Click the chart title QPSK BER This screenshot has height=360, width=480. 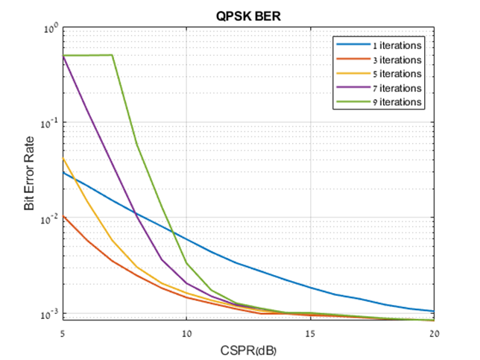249,13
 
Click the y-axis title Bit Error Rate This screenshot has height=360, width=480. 30,174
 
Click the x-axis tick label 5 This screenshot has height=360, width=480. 63,330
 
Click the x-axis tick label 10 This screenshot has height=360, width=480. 187,330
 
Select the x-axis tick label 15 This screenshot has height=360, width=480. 311,330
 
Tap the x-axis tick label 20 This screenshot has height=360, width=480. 435,330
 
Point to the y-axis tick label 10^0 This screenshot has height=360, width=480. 50,29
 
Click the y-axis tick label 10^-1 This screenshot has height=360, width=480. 48,123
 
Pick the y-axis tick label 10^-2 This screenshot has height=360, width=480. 48,218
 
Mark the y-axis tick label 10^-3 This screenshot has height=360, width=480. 48,314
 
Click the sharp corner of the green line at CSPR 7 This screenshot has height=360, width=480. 113,54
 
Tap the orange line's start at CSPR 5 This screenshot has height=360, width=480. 63,216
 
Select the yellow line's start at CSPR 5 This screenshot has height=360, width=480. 63,158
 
